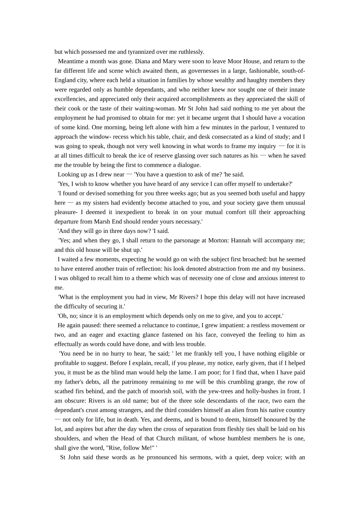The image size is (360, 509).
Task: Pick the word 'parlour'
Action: click(x=249, y=127)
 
